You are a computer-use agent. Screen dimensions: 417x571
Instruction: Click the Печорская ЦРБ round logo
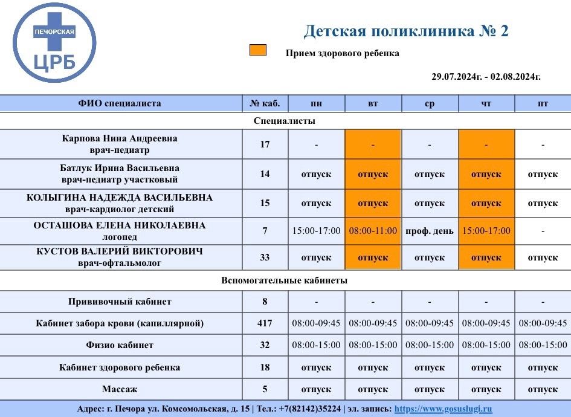click(54, 43)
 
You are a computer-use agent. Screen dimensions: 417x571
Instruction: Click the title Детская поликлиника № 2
click(405, 31)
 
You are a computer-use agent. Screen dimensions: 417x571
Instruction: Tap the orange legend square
click(258, 50)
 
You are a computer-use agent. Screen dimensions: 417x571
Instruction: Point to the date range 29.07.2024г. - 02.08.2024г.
click(486, 77)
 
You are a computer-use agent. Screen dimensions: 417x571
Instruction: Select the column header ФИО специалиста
click(120, 103)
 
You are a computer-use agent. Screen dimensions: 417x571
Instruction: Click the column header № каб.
click(265, 103)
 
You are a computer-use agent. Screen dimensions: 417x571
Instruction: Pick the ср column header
click(429, 103)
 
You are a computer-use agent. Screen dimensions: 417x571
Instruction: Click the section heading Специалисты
click(285, 121)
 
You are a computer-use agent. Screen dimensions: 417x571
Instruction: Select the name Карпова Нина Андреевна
click(120, 138)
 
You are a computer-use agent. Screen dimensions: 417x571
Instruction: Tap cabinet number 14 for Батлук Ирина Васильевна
click(265, 174)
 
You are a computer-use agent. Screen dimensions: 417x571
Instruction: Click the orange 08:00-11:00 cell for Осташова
click(373, 231)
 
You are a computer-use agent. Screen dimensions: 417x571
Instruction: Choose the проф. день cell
click(429, 231)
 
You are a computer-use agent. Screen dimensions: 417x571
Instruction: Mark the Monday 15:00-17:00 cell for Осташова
click(316, 231)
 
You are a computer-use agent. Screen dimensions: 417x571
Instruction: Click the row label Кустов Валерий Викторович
click(120, 251)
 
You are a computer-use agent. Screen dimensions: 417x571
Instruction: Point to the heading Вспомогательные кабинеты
click(285, 280)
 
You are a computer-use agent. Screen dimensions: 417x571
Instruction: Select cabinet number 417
click(265, 323)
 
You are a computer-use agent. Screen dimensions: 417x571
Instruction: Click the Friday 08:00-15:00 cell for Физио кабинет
click(543, 345)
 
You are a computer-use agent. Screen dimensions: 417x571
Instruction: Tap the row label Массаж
click(120, 389)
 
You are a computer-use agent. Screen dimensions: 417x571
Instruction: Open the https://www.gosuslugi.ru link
click(443, 409)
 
